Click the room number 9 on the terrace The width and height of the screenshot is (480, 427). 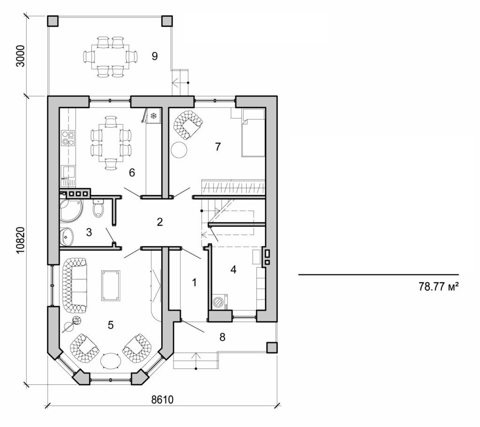click(154, 56)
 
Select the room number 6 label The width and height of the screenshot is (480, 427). click(132, 173)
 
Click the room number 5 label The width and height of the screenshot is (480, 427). click(111, 325)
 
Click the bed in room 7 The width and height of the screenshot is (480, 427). click(253, 132)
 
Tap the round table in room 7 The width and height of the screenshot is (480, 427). click(179, 150)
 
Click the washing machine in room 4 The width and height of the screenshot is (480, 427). click(219, 302)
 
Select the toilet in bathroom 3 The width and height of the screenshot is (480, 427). click(98, 208)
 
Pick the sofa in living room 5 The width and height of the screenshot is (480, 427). click(74, 286)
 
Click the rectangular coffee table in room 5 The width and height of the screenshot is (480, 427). click(110, 285)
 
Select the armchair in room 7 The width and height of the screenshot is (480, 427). click(188, 124)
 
